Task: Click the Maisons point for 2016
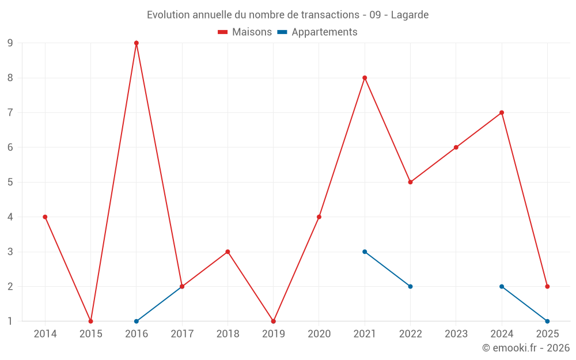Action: [137, 43]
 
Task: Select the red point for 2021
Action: [365, 78]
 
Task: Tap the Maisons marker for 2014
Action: [45, 217]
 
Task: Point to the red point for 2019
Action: [273, 321]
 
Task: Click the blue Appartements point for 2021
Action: [365, 252]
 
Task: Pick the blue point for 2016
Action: [137, 321]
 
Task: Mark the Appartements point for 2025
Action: [547, 321]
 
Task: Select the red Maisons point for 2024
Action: [502, 113]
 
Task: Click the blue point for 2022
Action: [410, 286]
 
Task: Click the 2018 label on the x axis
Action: [228, 334]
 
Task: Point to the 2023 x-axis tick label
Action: [456, 334]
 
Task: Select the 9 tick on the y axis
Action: [10, 43]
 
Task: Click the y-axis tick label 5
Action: [10, 182]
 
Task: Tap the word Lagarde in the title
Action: [410, 15]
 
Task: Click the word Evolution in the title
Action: [168, 15]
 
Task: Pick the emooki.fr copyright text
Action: [526, 348]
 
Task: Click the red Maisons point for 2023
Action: [456, 147]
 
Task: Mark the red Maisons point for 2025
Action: [547, 286]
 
